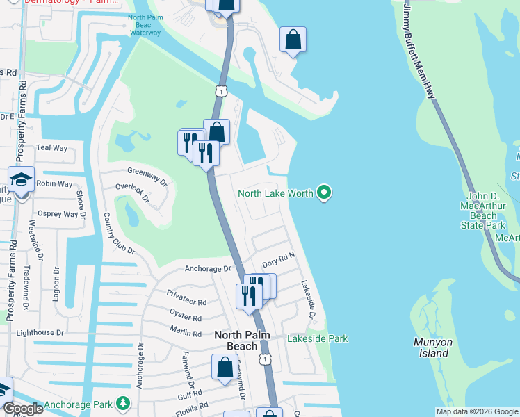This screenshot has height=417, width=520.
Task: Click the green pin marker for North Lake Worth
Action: (323, 193)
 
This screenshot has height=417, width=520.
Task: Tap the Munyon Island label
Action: (432, 347)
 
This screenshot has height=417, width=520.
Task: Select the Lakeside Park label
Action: (318, 338)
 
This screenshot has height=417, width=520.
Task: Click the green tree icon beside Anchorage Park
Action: (123, 403)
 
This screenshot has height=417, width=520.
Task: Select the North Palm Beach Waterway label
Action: (145, 26)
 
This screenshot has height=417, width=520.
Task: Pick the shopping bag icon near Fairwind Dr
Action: (225, 368)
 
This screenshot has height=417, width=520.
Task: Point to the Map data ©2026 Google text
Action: (477, 411)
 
